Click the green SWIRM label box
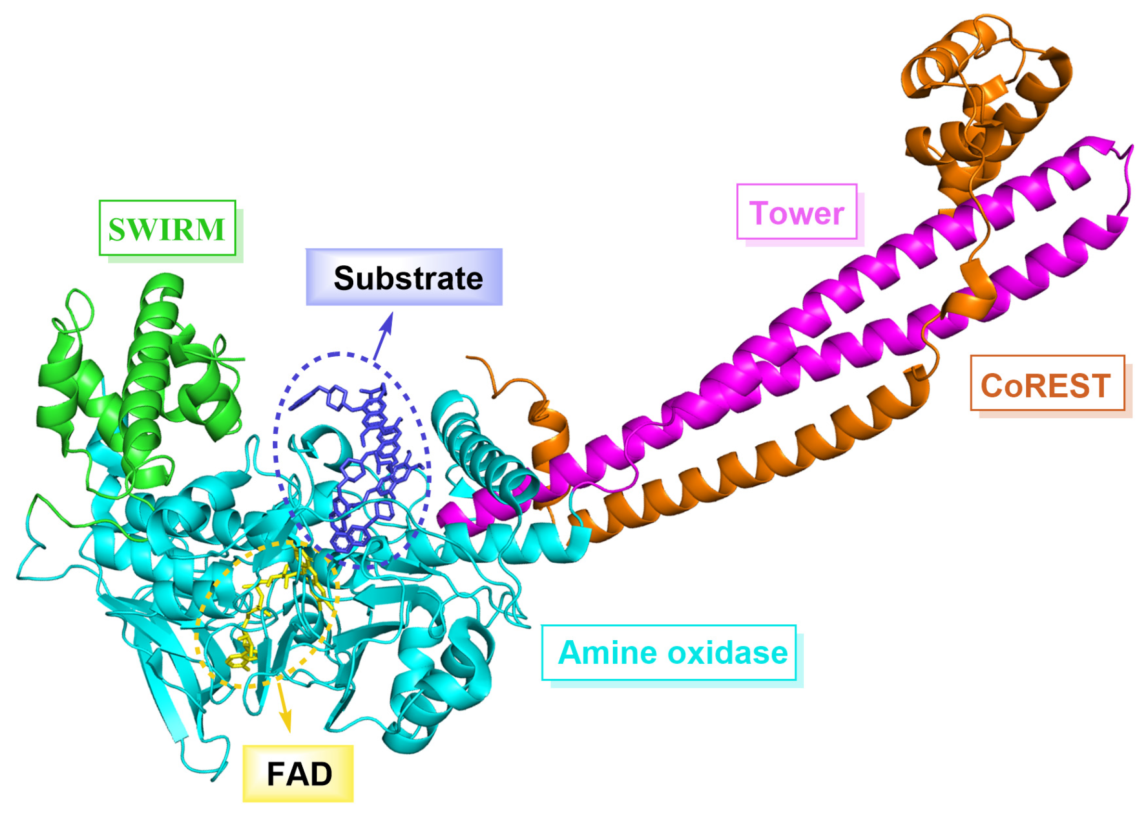click(167, 228)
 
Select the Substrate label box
click(404, 277)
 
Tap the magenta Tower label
click(796, 212)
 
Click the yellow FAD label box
click(298, 773)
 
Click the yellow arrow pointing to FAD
click(284, 708)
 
